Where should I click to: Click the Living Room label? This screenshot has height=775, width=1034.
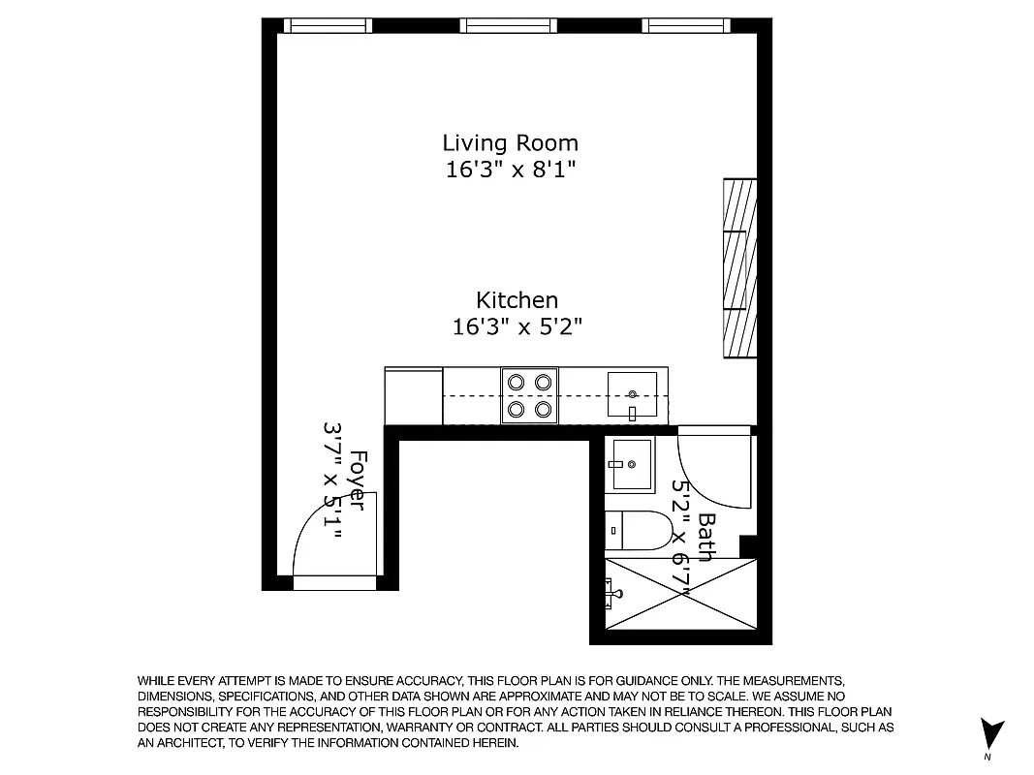pyautogui.click(x=510, y=143)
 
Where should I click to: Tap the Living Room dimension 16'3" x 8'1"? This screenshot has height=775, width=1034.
pyautogui.click(x=510, y=170)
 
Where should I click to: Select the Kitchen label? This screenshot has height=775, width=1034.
pyautogui.click(x=517, y=300)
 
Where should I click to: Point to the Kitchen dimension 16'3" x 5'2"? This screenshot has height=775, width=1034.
pyautogui.click(x=517, y=326)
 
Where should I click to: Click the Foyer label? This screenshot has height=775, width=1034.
pyautogui.click(x=358, y=480)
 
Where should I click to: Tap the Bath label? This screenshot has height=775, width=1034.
pyautogui.click(x=706, y=538)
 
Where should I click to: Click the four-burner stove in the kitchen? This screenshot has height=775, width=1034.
pyautogui.click(x=529, y=395)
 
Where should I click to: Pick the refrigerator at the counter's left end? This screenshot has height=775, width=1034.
pyautogui.click(x=414, y=395)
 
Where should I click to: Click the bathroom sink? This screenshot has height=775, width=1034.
pyautogui.click(x=630, y=464)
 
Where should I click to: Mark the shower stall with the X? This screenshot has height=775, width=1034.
pyautogui.click(x=678, y=594)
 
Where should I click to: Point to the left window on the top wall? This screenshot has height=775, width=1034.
pyautogui.click(x=328, y=26)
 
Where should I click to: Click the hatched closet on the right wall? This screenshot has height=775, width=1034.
pyautogui.click(x=740, y=268)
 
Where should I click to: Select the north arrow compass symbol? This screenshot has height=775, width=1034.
pyautogui.click(x=990, y=733)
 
